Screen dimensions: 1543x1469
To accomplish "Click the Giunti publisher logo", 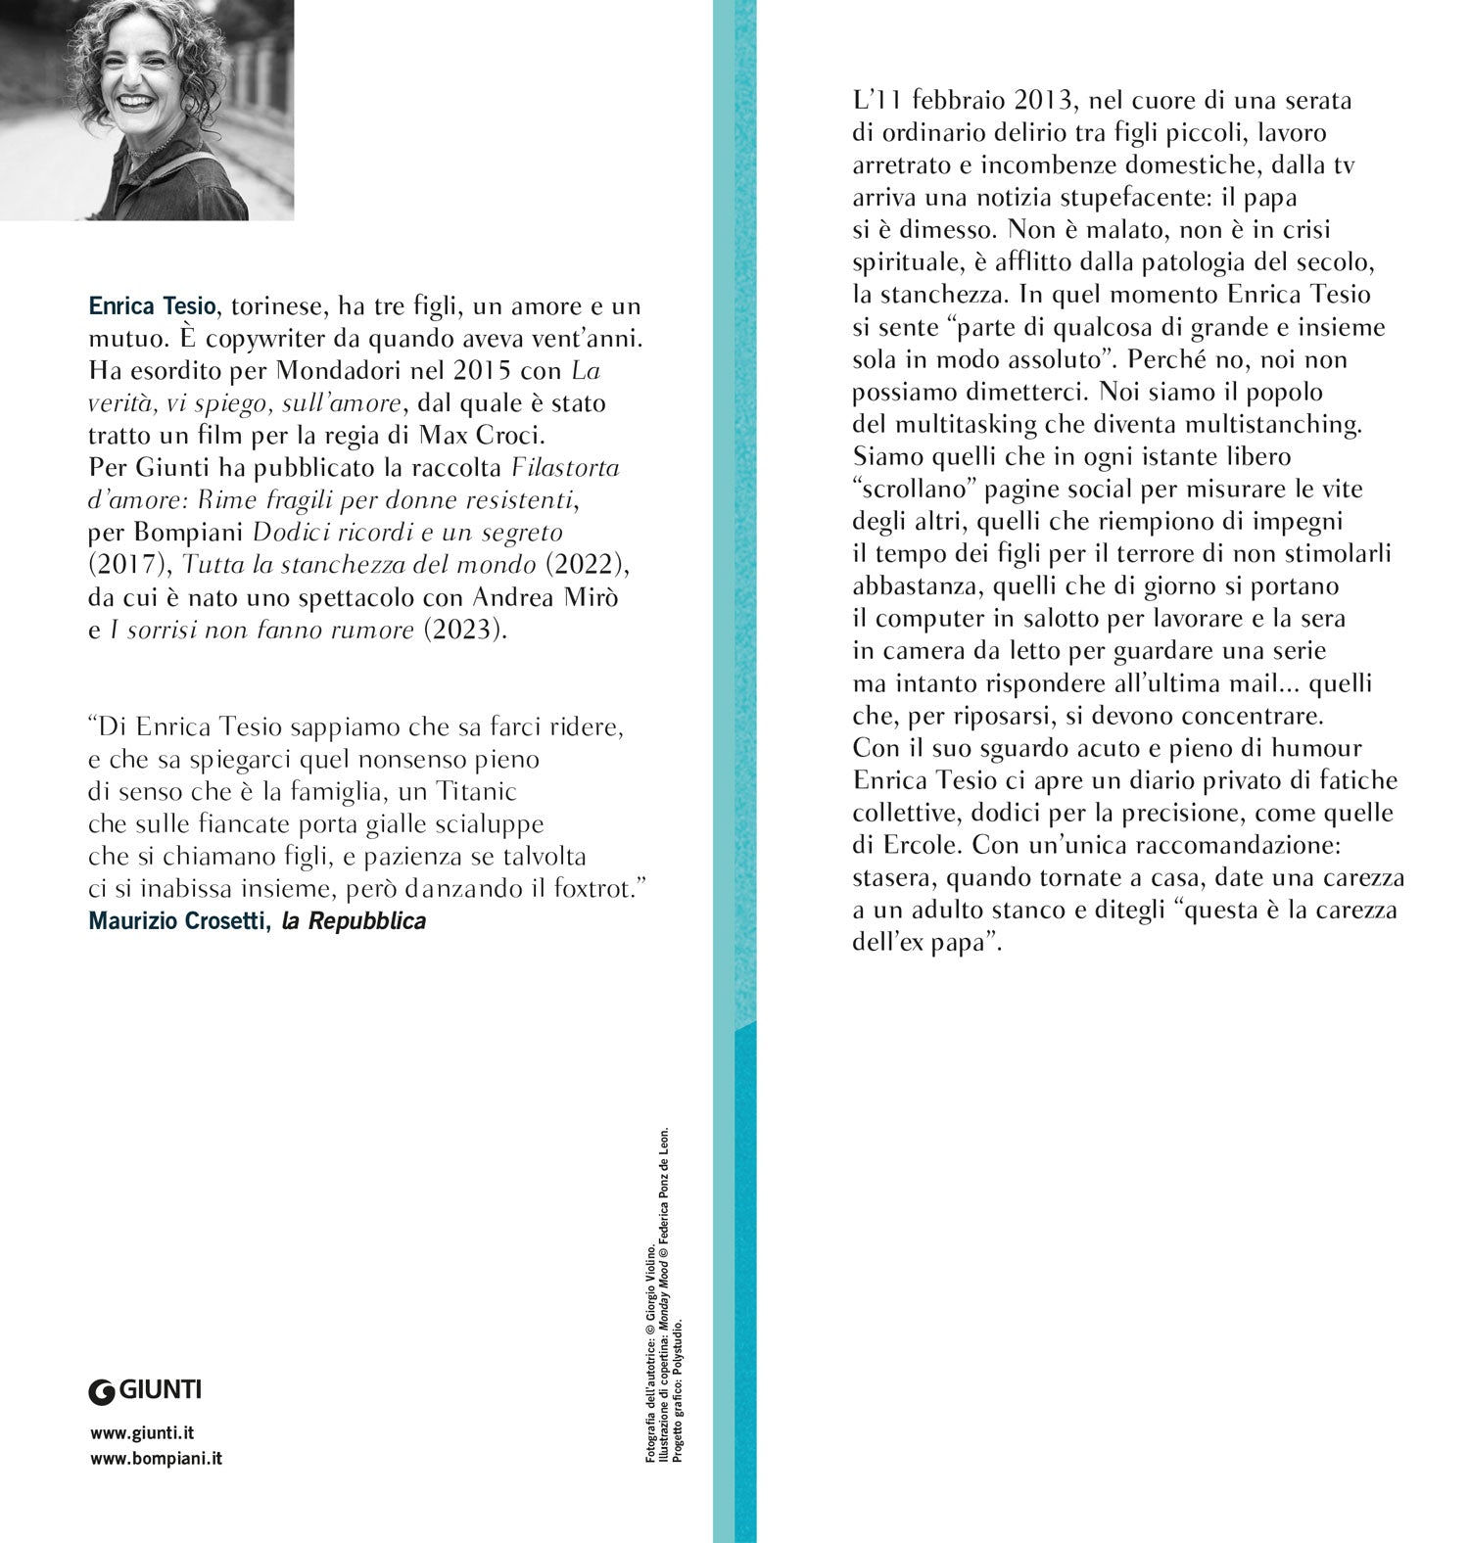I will pos(145,1389).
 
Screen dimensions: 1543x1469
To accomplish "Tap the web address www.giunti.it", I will pos(142,1433).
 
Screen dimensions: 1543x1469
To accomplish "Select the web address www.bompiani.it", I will pos(156,1458).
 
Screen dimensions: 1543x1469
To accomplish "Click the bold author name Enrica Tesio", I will pos(151,306).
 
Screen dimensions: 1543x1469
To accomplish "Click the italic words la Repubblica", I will pos(354,921).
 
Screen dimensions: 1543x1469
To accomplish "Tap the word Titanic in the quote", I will pos(476,791).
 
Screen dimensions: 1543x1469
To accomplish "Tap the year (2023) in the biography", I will pos(465,630).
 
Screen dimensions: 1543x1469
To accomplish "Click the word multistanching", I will pos(1262,424).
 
